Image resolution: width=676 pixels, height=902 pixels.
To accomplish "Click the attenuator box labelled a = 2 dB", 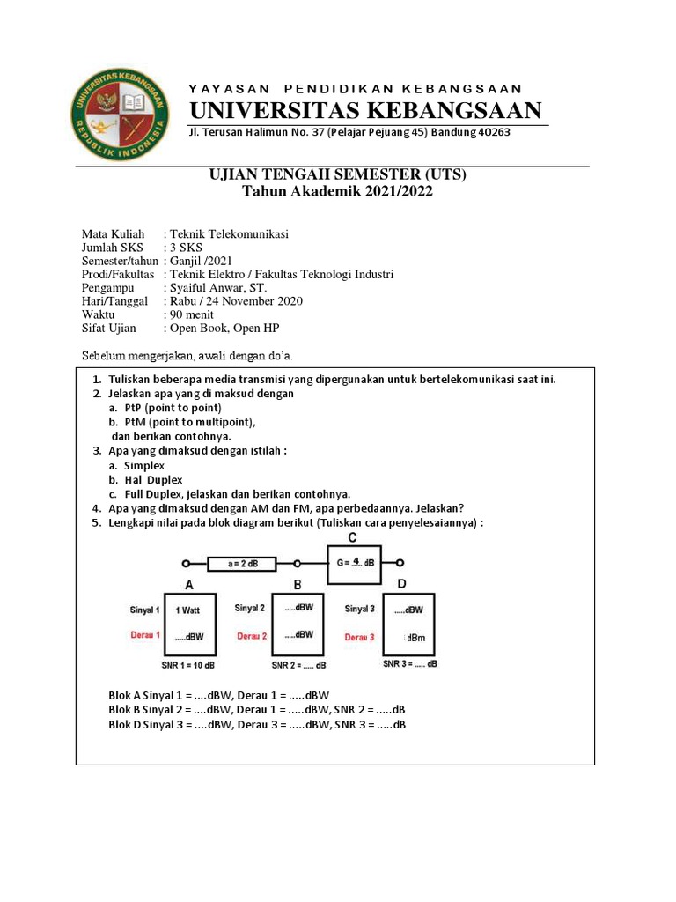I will tap(241, 562).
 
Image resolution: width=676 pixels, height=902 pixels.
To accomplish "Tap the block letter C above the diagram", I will tap(352, 538).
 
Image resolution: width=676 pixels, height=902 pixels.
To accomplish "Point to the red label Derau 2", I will tap(252, 635).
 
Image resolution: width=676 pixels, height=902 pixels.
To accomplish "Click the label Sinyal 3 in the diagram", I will tap(360, 609).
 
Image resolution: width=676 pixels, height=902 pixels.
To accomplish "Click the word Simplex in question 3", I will tap(144, 465).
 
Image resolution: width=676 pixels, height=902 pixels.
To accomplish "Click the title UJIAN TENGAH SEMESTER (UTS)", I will tap(337, 175).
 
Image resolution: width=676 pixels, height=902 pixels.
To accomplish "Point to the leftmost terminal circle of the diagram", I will tap(186, 563).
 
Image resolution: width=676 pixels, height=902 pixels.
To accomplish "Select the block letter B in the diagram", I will tap(298, 585).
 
